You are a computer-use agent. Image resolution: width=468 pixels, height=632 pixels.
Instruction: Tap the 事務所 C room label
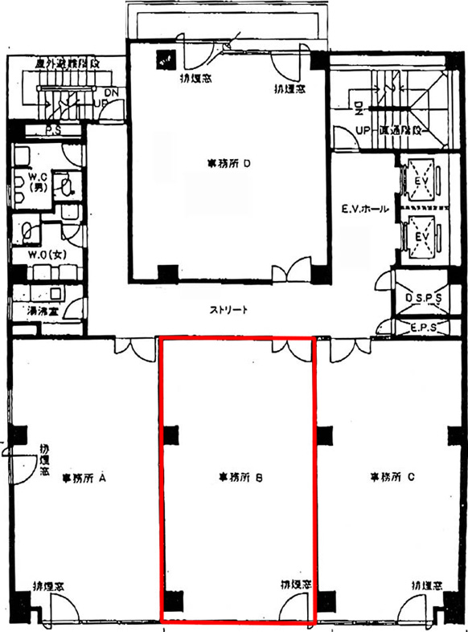coord(392,477)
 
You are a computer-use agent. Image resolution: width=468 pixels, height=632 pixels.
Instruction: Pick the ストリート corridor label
coord(228,310)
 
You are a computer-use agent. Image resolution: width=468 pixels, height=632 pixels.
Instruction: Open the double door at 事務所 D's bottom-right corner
coord(289,272)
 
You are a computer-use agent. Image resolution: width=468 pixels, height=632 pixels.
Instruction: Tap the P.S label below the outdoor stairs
coord(55,128)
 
